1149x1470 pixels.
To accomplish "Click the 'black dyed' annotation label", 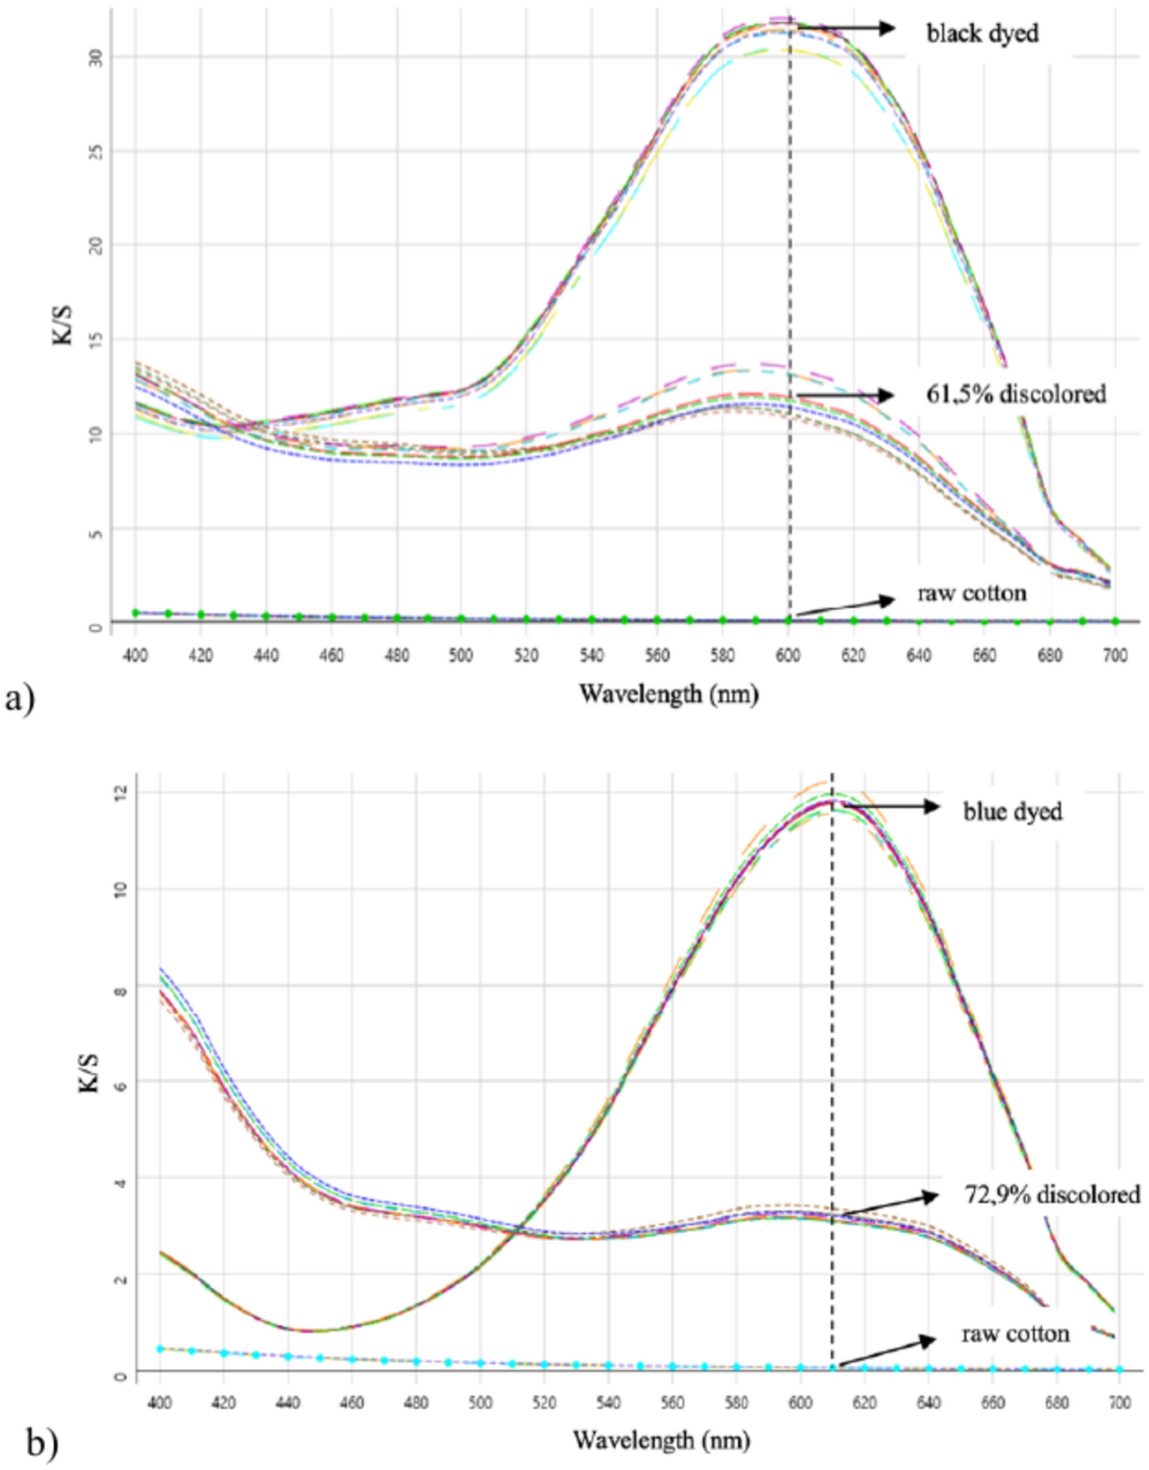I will (982, 34).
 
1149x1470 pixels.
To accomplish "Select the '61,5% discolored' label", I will (1016, 393).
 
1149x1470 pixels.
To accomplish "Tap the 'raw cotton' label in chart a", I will (971, 592).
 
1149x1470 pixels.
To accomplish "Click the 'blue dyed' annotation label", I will (1012, 811).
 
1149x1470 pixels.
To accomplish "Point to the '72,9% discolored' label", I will (1052, 1195).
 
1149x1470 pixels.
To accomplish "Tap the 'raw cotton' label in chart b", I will (1016, 1333).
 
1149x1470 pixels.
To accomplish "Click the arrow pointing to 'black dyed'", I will (848, 29).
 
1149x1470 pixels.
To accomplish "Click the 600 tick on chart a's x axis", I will (788, 655).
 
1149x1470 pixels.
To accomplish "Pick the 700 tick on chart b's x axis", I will (1119, 1403).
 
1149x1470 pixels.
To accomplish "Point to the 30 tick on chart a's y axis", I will (96, 57).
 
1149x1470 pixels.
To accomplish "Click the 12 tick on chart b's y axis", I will (120, 792).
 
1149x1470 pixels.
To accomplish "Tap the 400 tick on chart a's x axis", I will (135, 655).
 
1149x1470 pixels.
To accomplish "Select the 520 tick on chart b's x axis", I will (544, 1403).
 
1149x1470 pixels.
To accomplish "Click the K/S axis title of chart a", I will (63, 324).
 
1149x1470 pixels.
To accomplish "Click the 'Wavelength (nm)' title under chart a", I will (668, 694).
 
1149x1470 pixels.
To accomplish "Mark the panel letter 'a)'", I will (19, 699).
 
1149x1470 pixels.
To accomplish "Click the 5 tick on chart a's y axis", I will (96, 533).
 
